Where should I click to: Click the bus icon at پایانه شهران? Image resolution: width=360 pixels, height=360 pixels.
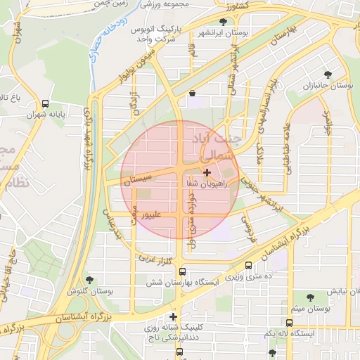(46, 102)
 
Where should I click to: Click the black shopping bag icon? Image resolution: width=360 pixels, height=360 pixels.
(192, 93)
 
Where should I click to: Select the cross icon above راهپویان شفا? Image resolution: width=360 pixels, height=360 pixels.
(206, 172)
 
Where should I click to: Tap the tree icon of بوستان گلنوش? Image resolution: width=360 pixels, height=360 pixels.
(88, 280)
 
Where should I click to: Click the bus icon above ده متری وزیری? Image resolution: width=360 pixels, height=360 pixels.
(249, 266)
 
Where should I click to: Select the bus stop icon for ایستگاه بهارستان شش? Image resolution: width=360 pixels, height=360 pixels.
(183, 271)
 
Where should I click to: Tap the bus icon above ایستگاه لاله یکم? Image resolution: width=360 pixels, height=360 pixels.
(289, 323)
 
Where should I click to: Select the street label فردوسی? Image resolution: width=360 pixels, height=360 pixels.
(247, 224)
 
